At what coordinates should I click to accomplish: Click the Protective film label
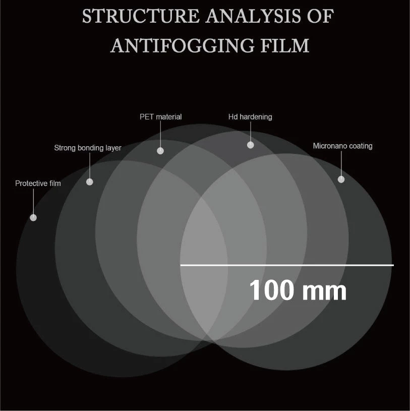(x=38, y=184)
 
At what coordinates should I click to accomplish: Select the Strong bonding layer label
(x=88, y=148)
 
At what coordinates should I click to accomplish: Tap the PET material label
(x=160, y=117)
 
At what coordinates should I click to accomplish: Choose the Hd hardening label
(x=250, y=117)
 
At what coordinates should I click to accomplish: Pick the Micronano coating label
(x=342, y=146)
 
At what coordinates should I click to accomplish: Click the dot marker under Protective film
(x=33, y=217)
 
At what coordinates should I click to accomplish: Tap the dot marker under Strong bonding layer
(x=90, y=182)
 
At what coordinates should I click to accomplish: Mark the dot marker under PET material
(x=160, y=150)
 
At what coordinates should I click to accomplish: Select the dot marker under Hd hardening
(x=251, y=145)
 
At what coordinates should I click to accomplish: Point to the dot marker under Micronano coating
(x=341, y=179)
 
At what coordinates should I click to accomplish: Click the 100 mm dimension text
(x=298, y=291)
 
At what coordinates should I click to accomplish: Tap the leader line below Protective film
(x=33, y=202)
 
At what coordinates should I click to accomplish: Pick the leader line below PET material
(x=160, y=135)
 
